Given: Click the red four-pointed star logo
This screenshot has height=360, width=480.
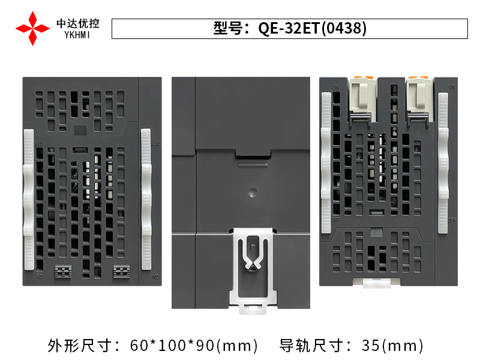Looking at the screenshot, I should coord(32,28).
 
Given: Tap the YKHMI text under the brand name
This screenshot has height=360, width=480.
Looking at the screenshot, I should coord(78,35).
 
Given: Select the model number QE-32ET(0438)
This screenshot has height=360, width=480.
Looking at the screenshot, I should coord(312,29).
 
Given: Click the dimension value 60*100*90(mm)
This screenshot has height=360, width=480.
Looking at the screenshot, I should coord(194,346).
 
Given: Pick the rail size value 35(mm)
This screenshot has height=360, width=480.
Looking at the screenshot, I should coord(393,346).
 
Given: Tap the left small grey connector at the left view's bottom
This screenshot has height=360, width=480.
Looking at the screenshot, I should coord(63,271).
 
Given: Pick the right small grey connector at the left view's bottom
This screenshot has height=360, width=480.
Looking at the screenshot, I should coord(121,271).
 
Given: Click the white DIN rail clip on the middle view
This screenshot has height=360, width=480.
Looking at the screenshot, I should coord(252,270).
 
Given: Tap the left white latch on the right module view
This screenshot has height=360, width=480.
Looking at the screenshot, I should coord(326,162).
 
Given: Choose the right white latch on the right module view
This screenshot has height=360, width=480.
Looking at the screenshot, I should coord(443,162).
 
